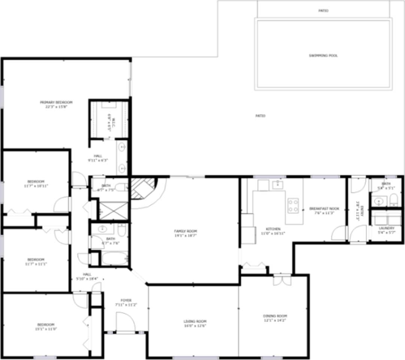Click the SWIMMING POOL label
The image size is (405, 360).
tap(323, 55)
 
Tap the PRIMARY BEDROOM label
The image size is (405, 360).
tap(56, 102)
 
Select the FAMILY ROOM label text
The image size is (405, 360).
tap(185, 231)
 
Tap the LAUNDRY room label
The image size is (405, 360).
tap(386, 228)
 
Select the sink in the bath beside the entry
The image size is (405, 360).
tap(378, 201)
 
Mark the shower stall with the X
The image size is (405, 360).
tap(113, 210)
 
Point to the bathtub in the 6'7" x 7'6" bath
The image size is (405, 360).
tap(114, 259)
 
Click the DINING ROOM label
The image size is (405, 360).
tap(275, 316)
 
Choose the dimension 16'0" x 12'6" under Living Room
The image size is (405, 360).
tap(195, 325)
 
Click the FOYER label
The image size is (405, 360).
tap(126, 300)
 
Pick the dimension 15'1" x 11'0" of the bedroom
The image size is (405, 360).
tap(46, 329)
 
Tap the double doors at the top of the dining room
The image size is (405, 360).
tap(282, 280)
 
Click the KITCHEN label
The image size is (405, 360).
tap(273, 229)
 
